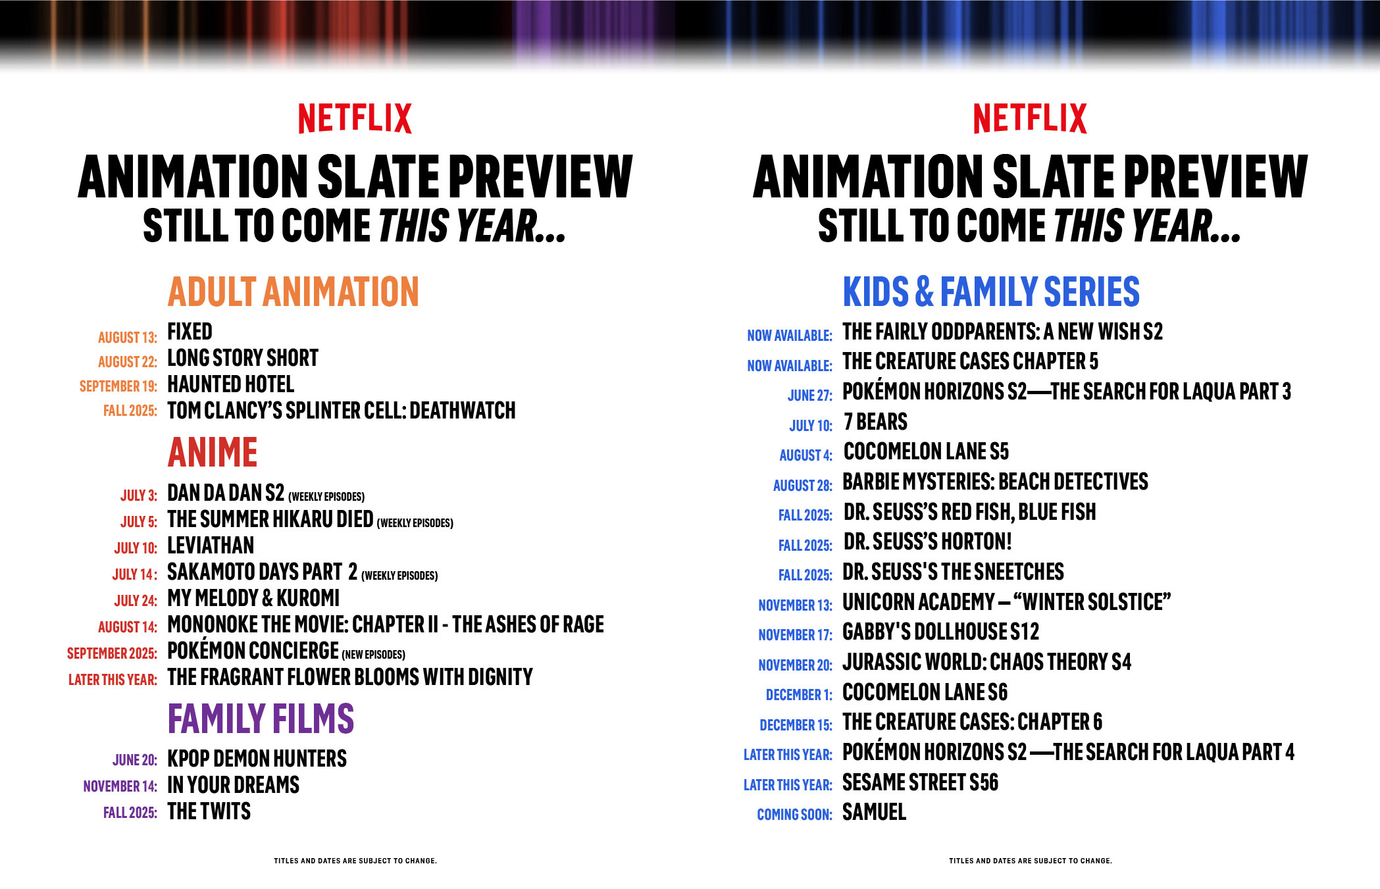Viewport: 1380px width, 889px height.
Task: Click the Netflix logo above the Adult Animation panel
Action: point(355,118)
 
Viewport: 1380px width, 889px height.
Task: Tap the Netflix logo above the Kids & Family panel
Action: point(1030,118)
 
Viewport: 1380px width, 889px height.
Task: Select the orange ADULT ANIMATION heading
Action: point(294,292)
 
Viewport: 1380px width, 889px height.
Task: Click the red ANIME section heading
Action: point(213,452)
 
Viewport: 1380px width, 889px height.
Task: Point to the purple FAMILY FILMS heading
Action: point(261,718)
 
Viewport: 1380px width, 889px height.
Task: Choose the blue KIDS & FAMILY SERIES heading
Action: point(991,292)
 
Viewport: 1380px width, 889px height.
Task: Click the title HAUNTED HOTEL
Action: point(231,384)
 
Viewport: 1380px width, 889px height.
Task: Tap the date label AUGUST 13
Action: point(128,338)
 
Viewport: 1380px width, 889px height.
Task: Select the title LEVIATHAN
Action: point(211,546)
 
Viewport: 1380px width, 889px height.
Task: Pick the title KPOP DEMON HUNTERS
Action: point(257,759)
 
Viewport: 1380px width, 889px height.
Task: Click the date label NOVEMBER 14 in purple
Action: point(120,786)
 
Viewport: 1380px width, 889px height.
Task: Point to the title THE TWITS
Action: point(209,811)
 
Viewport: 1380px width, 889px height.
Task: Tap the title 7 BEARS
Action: point(876,421)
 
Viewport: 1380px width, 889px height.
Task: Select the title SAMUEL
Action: point(875,812)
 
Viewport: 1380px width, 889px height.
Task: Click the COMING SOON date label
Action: point(795,815)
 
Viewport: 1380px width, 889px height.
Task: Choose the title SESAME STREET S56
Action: point(921,782)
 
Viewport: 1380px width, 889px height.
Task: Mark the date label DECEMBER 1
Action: point(800,695)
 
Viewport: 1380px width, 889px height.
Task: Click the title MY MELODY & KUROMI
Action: point(253,598)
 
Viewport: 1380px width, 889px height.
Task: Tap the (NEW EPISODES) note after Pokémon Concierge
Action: point(373,655)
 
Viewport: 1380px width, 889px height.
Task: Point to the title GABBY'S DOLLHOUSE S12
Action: point(941,632)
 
